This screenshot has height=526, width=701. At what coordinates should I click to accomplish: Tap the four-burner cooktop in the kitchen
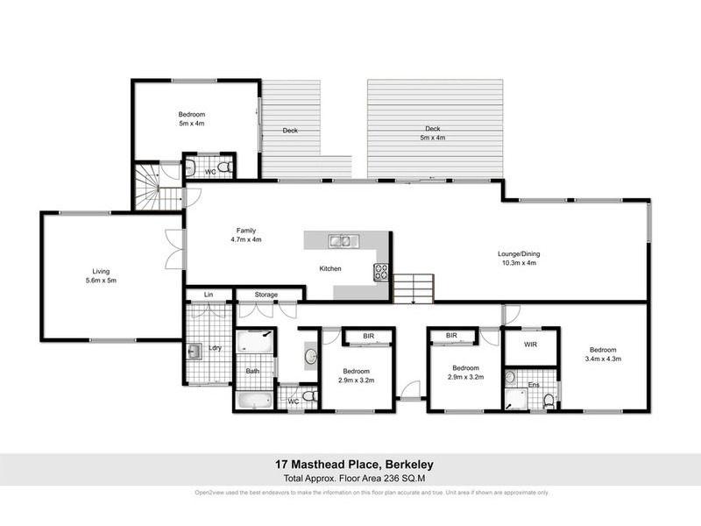pos(381,272)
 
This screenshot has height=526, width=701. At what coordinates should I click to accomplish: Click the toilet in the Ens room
pos(549,400)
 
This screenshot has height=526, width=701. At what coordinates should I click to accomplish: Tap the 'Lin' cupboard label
pos(209,295)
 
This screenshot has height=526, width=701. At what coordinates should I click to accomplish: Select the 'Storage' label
pos(266,295)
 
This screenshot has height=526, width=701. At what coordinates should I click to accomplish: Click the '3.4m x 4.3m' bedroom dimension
pos(605,358)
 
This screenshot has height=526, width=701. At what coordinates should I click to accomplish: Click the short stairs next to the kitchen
pos(413,288)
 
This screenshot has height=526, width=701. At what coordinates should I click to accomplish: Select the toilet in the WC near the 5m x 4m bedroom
pos(224,167)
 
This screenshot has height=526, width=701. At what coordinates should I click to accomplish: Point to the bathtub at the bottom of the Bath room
pos(254,402)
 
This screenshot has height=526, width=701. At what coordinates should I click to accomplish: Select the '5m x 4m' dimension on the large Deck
pos(429,138)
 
